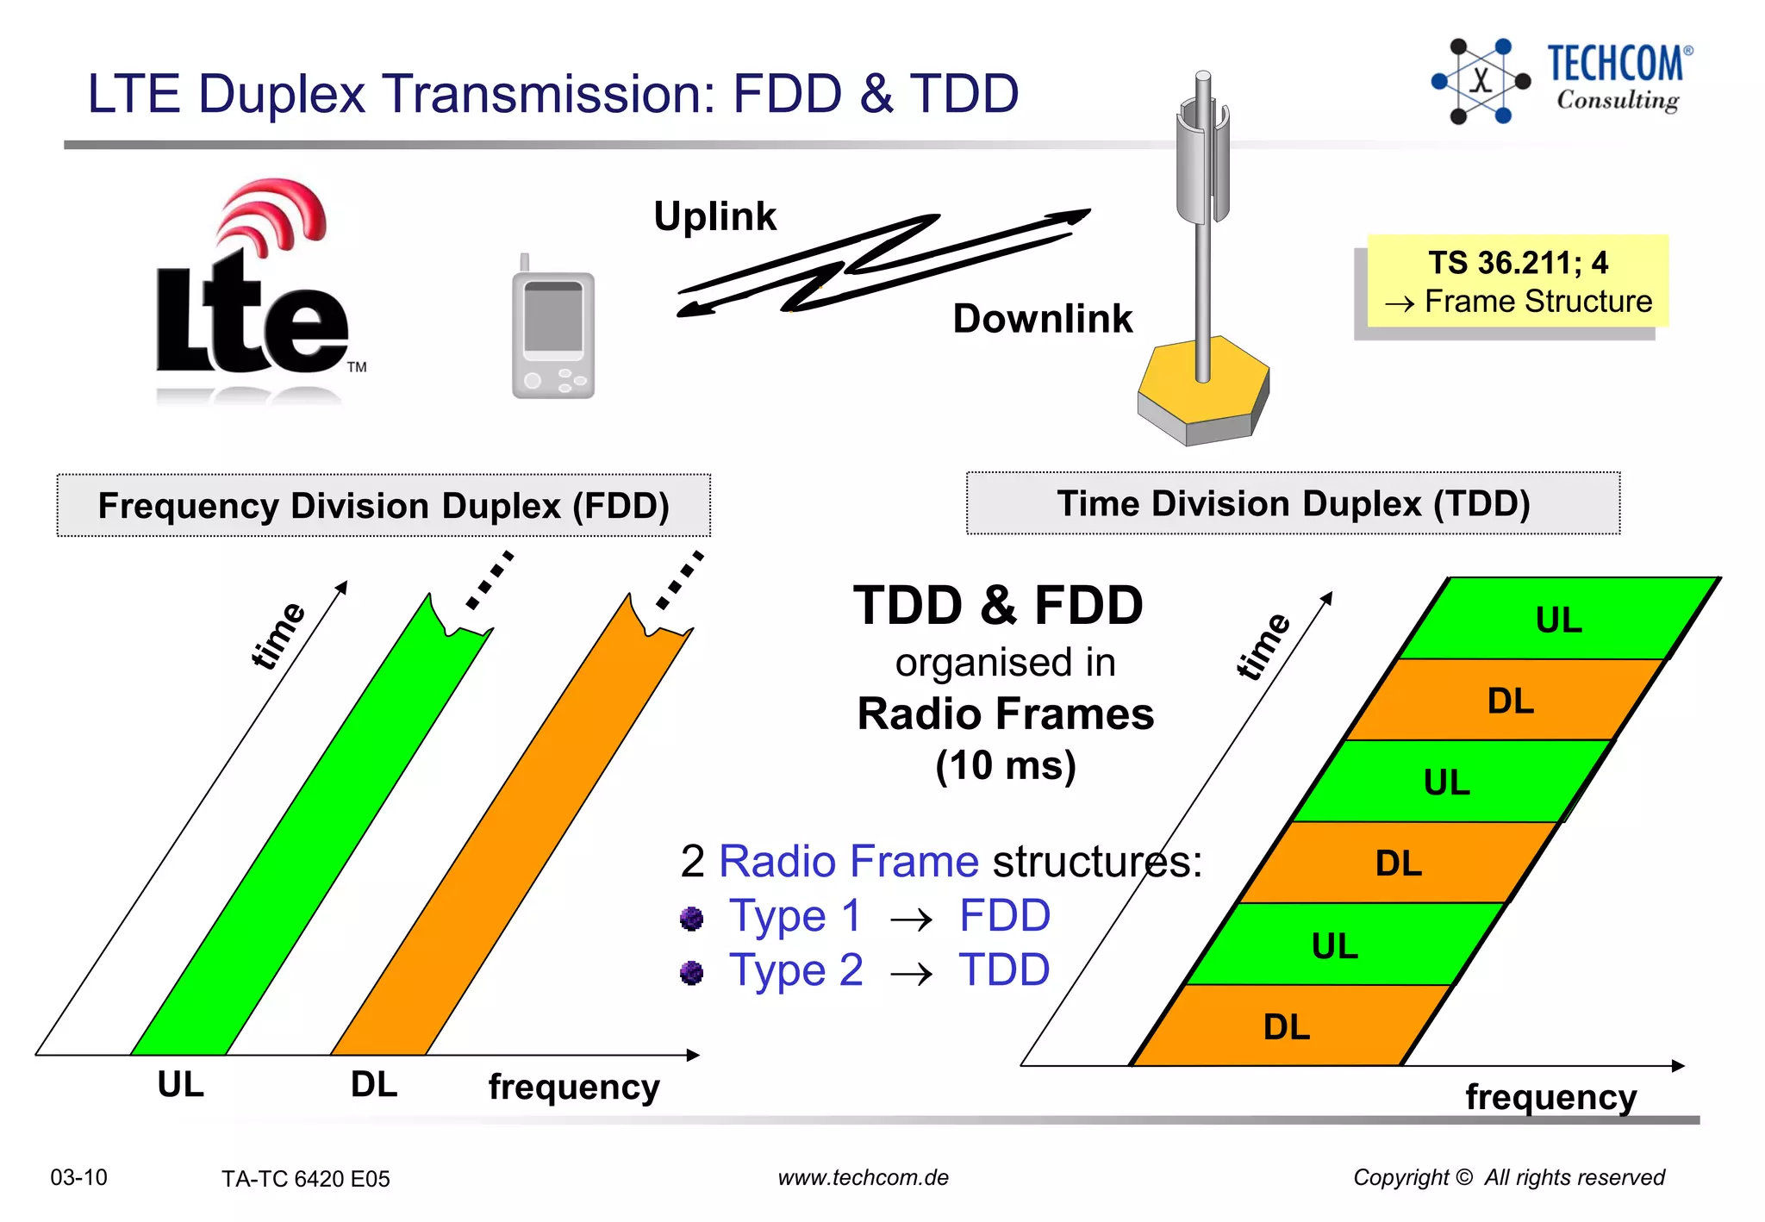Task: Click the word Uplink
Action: (714, 216)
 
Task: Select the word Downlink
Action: (1041, 319)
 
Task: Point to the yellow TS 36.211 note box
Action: (1518, 282)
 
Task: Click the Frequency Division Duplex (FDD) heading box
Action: (384, 506)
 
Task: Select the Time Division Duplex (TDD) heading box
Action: (1293, 504)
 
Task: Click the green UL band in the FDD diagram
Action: (310, 827)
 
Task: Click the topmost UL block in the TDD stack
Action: (1558, 620)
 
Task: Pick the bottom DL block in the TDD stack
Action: (1287, 1026)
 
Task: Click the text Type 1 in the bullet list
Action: (795, 916)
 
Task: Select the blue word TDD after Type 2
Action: (1004, 970)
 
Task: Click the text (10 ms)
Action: (1005, 765)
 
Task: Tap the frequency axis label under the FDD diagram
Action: (574, 1087)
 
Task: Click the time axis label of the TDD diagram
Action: (1263, 647)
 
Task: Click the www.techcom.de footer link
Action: (863, 1178)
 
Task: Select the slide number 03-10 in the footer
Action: (78, 1177)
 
